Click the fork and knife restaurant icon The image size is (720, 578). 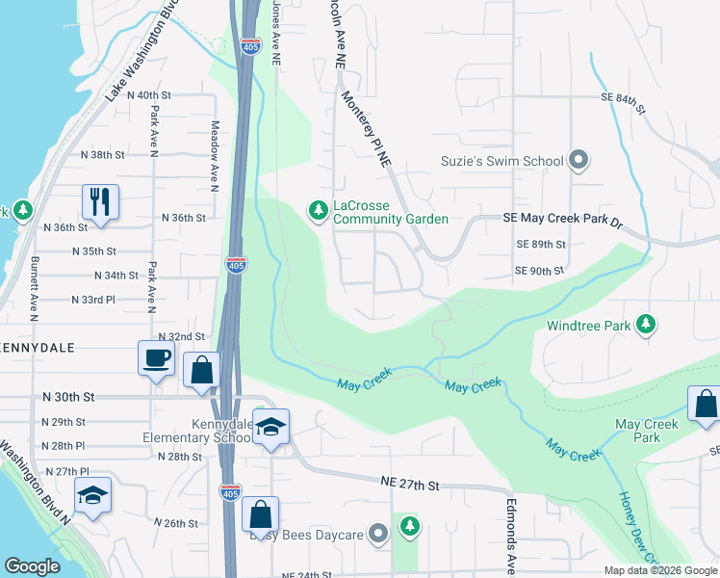coord(100,202)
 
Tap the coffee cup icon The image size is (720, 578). coord(156,359)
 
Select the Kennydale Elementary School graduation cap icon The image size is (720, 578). coord(270,429)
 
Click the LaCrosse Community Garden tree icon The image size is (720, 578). coord(317,209)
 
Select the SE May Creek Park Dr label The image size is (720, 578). coord(563,220)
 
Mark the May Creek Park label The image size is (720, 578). coord(647,431)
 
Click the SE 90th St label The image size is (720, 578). coord(538,271)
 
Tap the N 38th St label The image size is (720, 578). coord(103,154)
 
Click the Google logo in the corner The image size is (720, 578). coord(33,565)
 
